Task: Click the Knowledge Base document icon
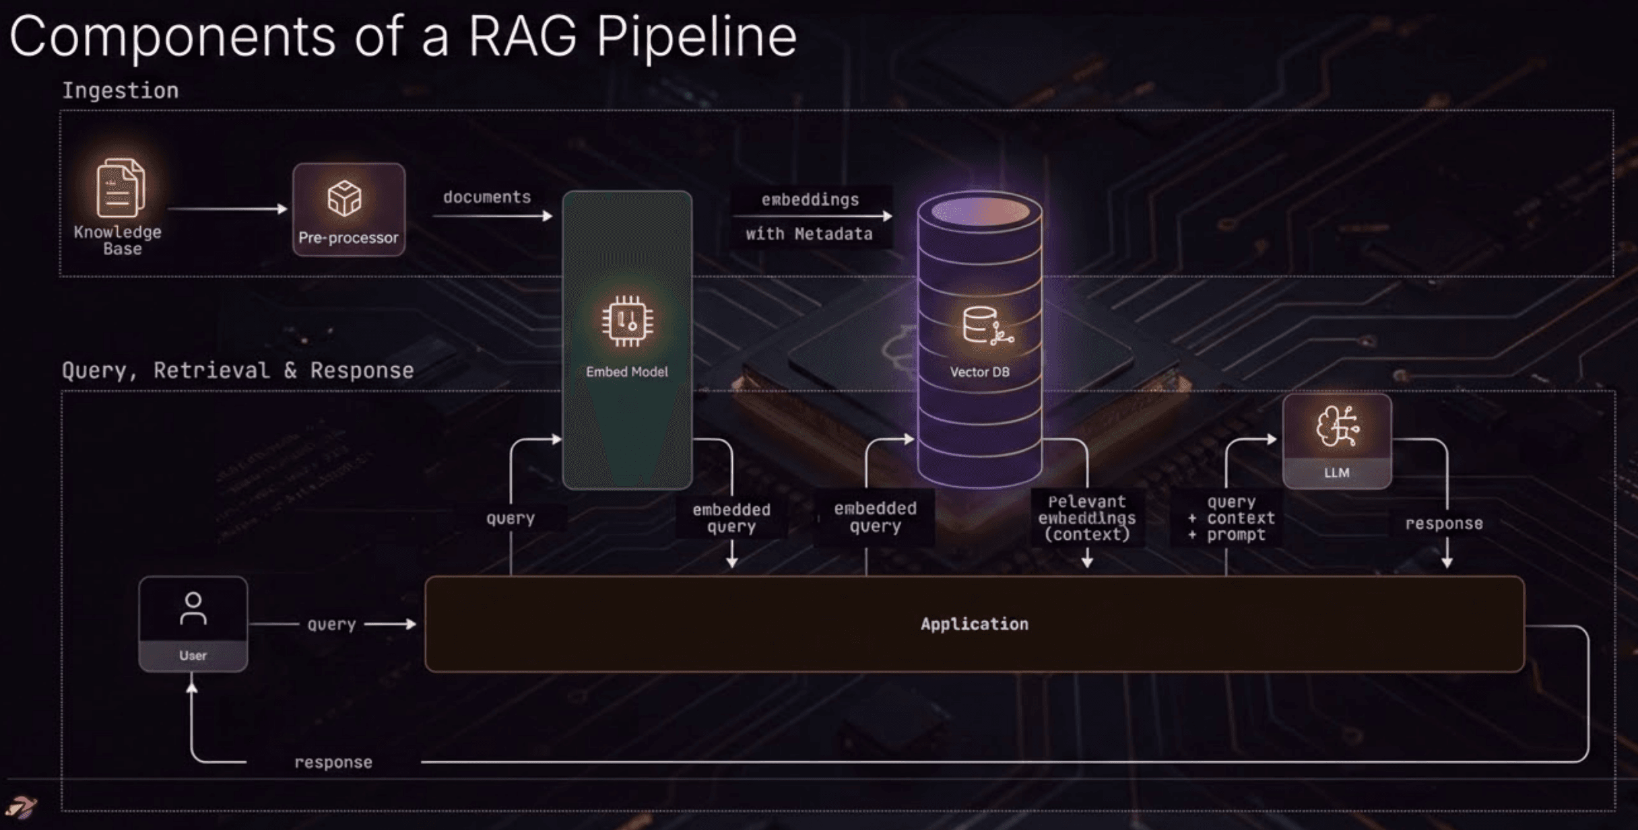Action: coord(120,188)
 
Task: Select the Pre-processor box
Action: coord(348,209)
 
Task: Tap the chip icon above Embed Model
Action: coord(627,321)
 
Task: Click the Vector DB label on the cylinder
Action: coord(979,372)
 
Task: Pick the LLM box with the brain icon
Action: coord(1337,441)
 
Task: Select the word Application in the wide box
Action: coord(974,624)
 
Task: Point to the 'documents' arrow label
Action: coord(487,197)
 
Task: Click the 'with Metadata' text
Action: coord(809,234)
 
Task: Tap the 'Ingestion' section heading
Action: coord(121,90)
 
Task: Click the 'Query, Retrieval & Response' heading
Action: coord(238,370)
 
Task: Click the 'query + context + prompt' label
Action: coord(1232,518)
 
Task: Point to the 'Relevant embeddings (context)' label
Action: coord(1086,518)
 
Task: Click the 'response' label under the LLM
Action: coord(1443,524)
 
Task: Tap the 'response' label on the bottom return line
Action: coord(333,762)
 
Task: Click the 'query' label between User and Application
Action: coord(331,624)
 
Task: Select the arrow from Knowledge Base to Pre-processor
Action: coord(227,209)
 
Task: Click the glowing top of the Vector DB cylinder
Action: coord(980,211)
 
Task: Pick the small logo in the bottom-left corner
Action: coord(21,806)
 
